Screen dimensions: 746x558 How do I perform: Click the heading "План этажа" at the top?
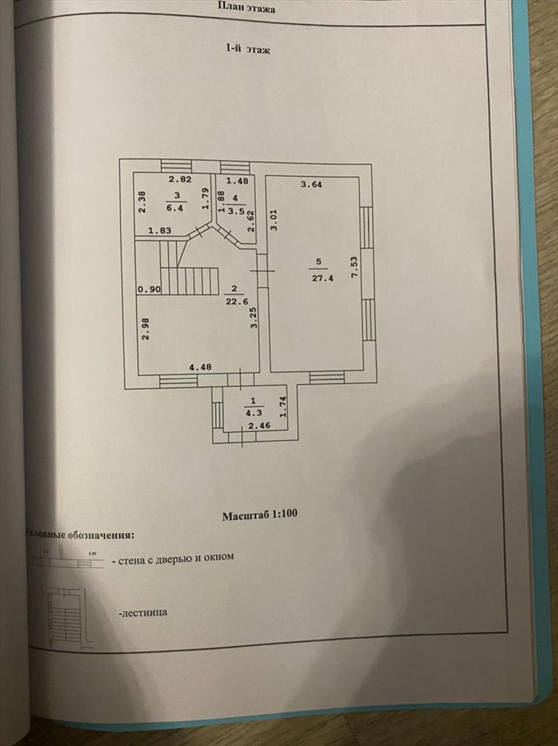click(248, 7)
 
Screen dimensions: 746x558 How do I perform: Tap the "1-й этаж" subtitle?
click(248, 50)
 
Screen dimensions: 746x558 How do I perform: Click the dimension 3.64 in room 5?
click(312, 185)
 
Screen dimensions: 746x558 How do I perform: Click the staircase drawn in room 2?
click(190, 279)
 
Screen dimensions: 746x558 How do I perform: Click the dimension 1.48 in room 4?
click(237, 181)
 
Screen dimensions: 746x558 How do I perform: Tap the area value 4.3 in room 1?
click(253, 411)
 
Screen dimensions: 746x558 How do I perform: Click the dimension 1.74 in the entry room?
click(283, 407)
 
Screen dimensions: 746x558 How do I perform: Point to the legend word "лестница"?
click(143, 613)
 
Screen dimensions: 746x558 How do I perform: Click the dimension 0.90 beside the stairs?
click(149, 289)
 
